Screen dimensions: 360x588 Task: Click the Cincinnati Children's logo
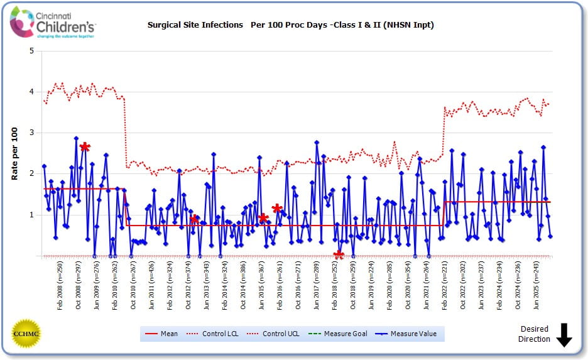point(53,23)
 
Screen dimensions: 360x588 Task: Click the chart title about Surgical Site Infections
point(290,25)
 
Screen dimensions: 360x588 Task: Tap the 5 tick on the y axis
point(31,51)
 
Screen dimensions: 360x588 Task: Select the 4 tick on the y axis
point(31,92)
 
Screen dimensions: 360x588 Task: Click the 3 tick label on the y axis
point(31,133)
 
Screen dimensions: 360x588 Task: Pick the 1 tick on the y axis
point(31,215)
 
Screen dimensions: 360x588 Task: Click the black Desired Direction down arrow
point(563,334)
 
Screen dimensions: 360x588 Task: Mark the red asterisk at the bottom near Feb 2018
point(339,254)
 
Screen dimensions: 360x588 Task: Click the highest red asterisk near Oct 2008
point(85,147)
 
